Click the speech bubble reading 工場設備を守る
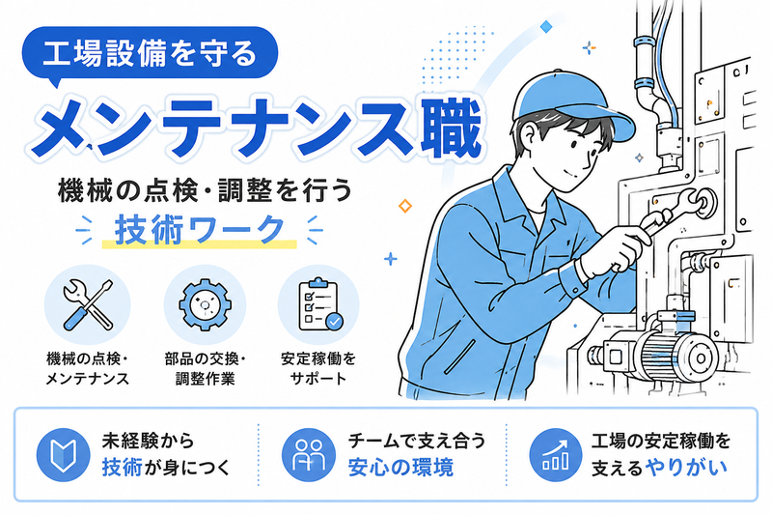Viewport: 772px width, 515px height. [151, 54]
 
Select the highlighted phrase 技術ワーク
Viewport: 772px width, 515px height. [200, 230]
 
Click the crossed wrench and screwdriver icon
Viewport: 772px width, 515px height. [88, 304]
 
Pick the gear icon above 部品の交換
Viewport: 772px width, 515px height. [205, 304]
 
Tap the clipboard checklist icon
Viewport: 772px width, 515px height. [320, 304]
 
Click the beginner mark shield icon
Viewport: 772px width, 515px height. [63, 454]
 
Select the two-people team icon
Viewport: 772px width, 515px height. [308, 454]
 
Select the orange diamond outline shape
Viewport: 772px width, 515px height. [404, 206]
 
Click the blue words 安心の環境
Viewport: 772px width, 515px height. [400, 468]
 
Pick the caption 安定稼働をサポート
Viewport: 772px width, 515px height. [318, 368]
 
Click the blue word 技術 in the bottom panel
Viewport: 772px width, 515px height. [122, 468]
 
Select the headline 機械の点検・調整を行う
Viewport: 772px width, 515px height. [205, 191]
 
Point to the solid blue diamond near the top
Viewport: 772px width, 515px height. [545, 26]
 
